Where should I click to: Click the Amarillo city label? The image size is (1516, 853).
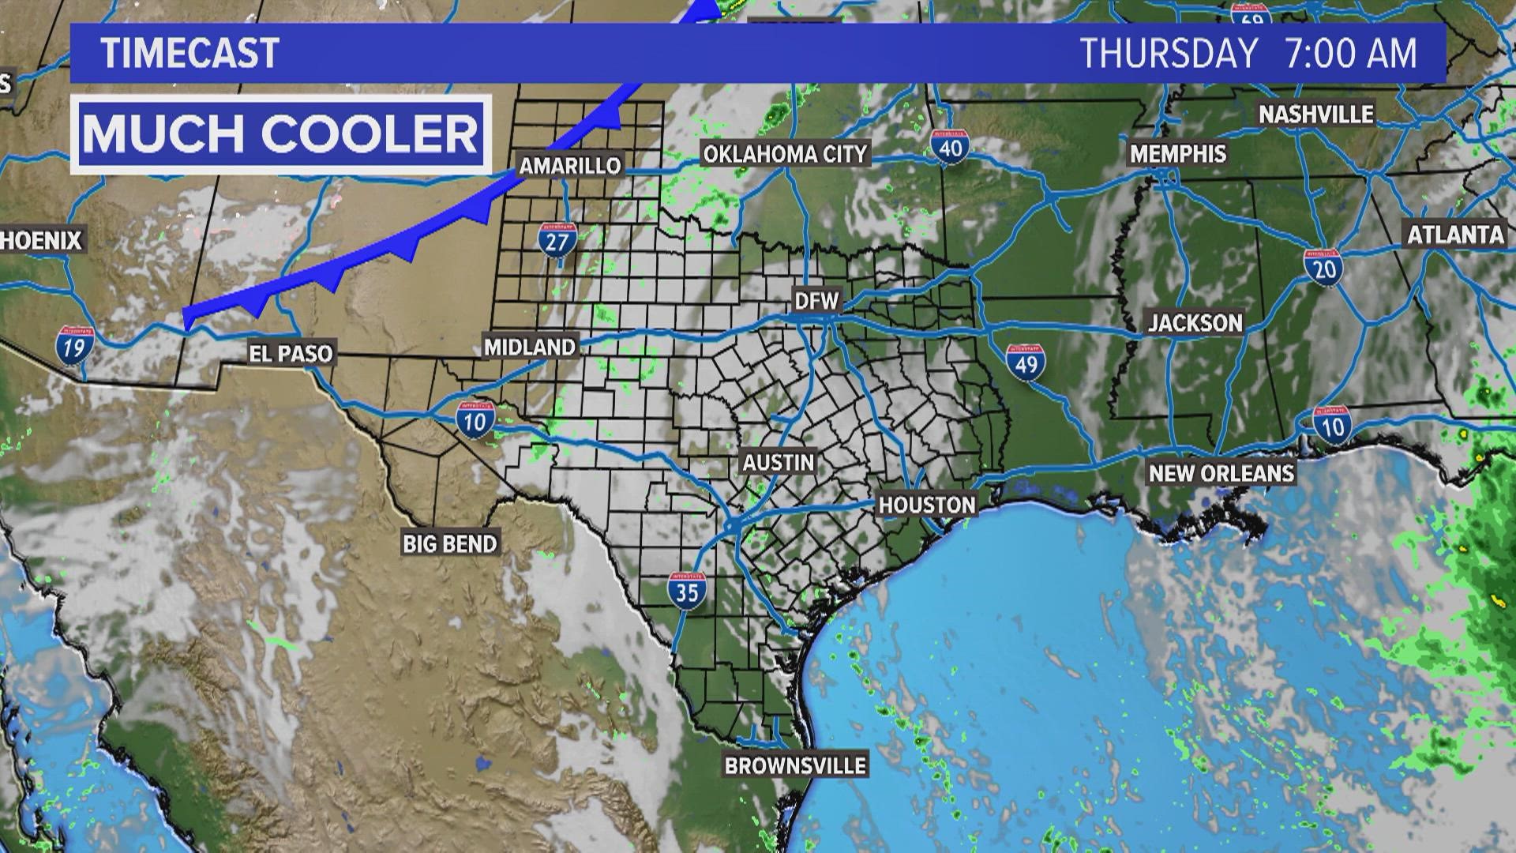click(570, 166)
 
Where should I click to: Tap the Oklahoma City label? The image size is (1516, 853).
click(785, 153)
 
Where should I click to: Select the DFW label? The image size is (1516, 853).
click(817, 300)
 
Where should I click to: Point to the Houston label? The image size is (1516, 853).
click(927, 505)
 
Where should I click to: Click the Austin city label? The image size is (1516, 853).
click(778, 462)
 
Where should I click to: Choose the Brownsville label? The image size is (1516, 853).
click(795, 765)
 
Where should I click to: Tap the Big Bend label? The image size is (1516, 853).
click(450, 543)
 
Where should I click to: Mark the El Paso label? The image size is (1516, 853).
click(291, 353)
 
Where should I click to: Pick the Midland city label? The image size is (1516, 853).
click(530, 347)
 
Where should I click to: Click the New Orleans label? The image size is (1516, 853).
click(1221, 473)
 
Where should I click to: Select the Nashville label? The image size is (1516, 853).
click(1316, 115)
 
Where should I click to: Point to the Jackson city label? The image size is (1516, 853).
click(1195, 322)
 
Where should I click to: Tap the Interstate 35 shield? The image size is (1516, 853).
click(686, 590)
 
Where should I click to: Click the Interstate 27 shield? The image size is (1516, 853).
click(557, 239)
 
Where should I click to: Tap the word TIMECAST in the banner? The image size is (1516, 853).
click(190, 54)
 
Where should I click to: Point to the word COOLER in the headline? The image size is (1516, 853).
click(370, 133)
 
